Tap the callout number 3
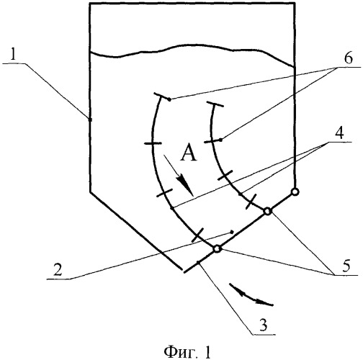[x=264, y=325]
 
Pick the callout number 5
[x=346, y=266]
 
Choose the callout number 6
[x=349, y=58]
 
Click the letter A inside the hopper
[x=189, y=153]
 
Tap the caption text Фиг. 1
[x=187, y=352]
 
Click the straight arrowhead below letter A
[x=184, y=186]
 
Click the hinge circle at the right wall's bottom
[x=295, y=192]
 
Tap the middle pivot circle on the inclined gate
[x=267, y=212]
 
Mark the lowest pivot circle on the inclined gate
[x=217, y=249]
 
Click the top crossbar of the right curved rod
[x=215, y=104]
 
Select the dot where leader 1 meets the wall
[x=90, y=120]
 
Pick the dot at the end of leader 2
[x=232, y=232]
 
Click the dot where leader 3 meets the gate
[x=198, y=262]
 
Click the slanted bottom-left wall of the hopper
[x=136, y=230]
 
